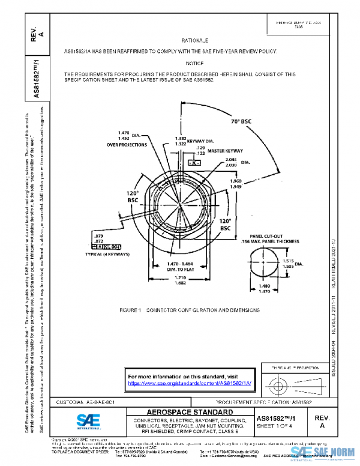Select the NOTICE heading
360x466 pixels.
click(195, 63)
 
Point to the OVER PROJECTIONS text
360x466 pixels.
click(127, 145)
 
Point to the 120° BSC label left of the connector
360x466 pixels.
click(132, 196)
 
